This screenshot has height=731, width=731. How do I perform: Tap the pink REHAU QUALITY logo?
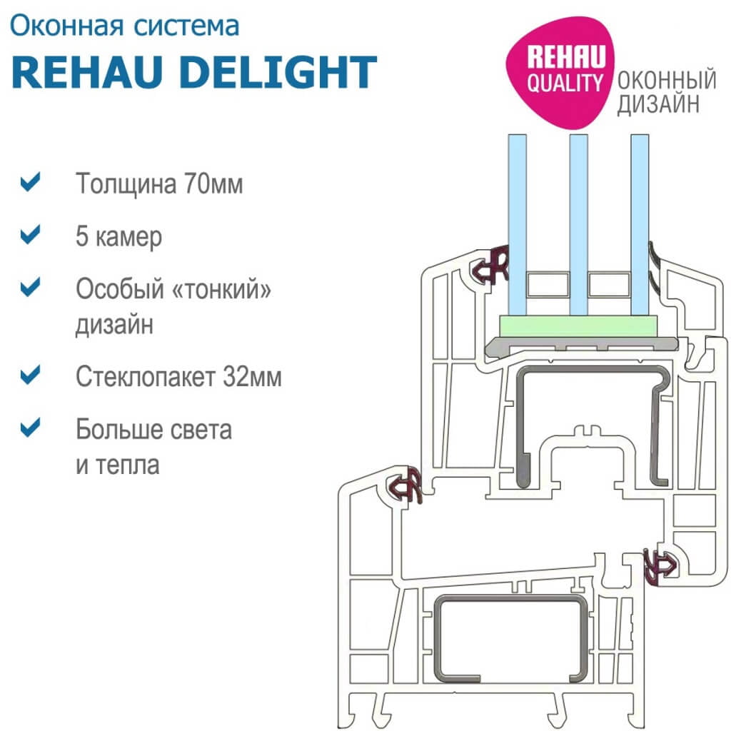coord(563,71)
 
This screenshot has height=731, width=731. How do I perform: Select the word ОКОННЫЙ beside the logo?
coord(667,81)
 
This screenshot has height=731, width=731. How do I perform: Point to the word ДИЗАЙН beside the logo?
coord(657,105)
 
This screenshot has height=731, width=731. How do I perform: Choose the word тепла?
coord(128,465)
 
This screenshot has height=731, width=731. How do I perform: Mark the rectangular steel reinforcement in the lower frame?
coord(510,636)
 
